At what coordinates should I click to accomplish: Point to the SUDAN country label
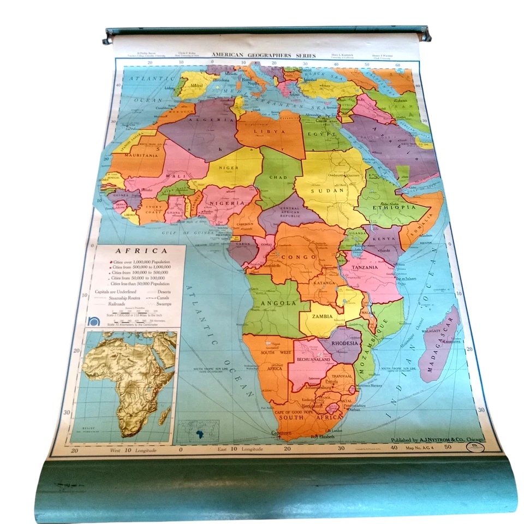tap(320, 190)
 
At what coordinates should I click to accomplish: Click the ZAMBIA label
tap(323, 316)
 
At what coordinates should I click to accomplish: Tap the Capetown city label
tap(278, 433)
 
